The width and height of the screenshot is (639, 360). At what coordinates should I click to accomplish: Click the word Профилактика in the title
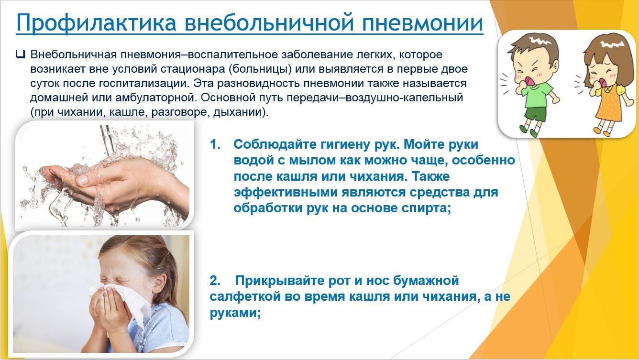97,22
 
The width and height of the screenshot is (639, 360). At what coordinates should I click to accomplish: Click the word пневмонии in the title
422,22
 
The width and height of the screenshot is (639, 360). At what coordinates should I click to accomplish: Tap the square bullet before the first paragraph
21,54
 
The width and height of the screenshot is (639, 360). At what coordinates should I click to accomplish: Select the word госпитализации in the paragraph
144,84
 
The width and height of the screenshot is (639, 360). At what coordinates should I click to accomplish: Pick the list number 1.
215,144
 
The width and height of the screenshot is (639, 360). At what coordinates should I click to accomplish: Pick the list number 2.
215,281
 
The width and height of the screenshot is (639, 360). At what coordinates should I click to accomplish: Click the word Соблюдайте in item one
275,145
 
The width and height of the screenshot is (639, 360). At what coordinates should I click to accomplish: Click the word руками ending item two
235,313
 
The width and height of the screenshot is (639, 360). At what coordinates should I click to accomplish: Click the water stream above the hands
108,140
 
